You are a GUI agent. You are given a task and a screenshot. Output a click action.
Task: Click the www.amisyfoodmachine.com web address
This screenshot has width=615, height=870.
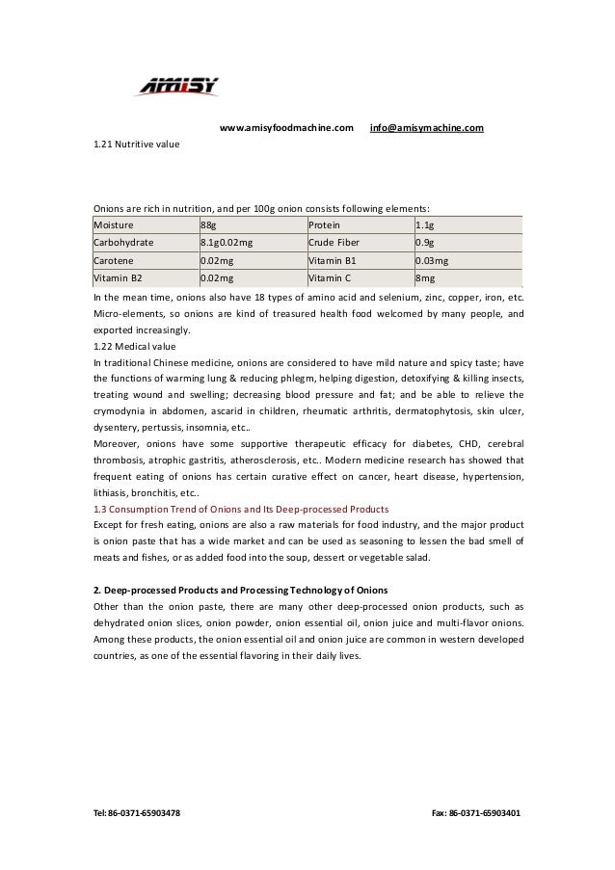(x=286, y=127)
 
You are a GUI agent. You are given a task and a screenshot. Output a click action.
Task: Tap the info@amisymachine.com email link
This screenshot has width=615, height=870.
(x=427, y=127)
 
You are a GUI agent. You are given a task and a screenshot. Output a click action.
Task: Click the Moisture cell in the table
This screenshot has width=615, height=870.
(x=114, y=224)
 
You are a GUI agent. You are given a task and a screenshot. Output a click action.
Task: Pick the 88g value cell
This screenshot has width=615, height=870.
(x=208, y=224)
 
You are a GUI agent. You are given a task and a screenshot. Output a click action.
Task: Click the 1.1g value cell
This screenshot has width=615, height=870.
(x=424, y=224)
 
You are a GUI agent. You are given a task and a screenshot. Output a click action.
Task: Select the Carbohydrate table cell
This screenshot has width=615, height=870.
(x=123, y=242)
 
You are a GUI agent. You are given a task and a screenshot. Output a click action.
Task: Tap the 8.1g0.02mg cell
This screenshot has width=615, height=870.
(x=227, y=242)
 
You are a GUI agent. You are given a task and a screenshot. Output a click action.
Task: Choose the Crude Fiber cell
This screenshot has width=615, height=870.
(x=334, y=242)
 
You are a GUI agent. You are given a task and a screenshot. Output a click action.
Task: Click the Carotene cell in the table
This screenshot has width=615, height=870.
(x=113, y=260)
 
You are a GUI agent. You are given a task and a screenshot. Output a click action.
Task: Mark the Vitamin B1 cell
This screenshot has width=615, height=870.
(x=332, y=260)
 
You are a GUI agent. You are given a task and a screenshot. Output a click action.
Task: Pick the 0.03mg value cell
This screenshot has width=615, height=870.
(x=431, y=260)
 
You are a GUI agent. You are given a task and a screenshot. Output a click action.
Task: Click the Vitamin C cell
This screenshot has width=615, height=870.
(x=331, y=277)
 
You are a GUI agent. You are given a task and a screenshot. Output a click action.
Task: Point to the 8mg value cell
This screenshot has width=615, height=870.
(x=425, y=277)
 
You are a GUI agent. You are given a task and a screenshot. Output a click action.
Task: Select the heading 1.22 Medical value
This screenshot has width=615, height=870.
(x=134, y=346)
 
